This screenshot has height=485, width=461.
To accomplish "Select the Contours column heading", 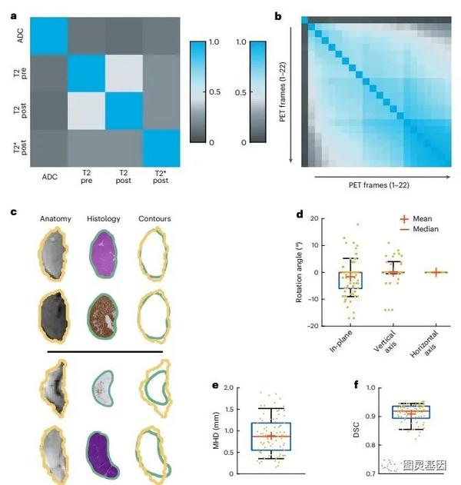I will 155,219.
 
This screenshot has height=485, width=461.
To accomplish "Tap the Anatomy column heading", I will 55,219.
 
